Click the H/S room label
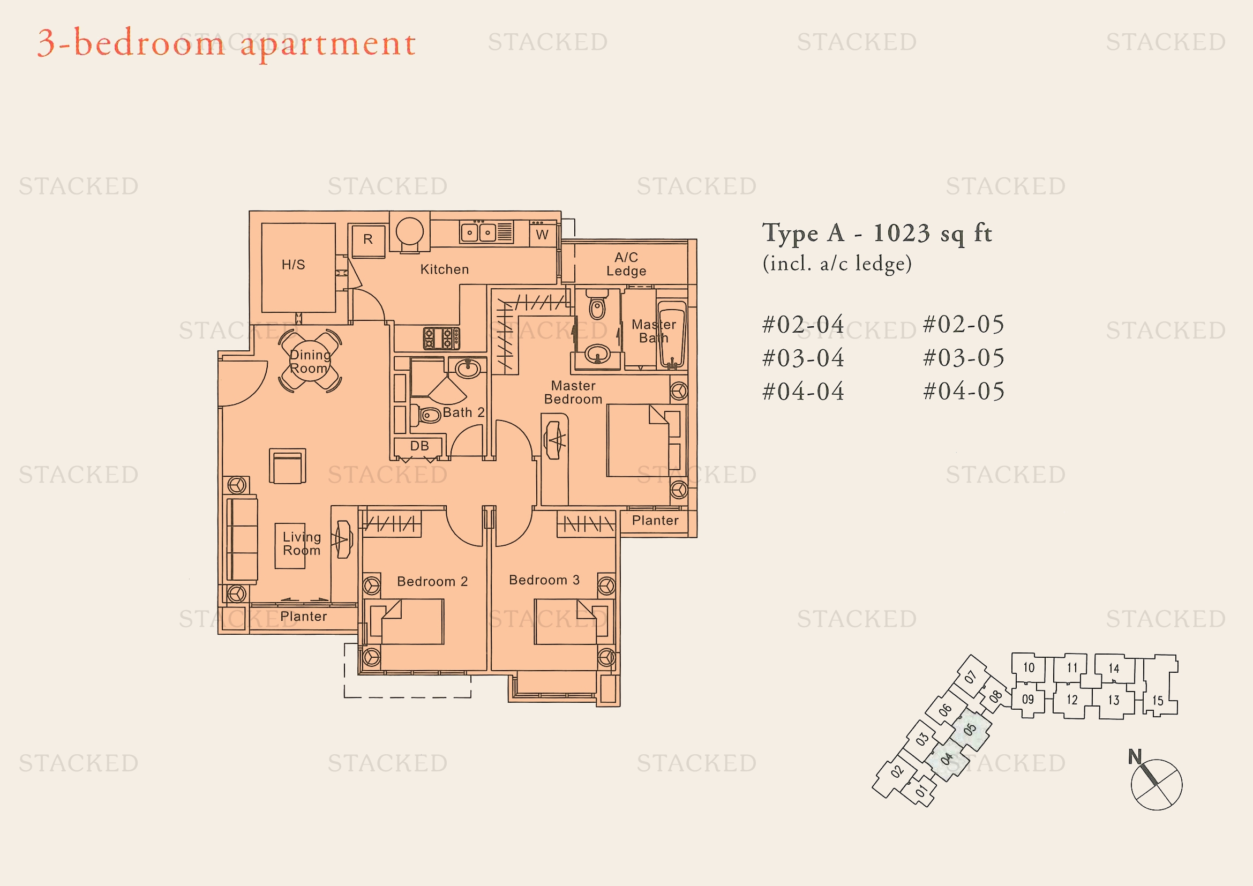click(x=293, y=265)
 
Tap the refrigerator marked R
click(x=368, y=240)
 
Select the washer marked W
click(x=543, y=234)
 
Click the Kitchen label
click(x=444, y=269)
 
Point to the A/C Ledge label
click(x=627, y=264)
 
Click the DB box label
click(x=419, y=446)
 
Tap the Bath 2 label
click(x=463, y=412)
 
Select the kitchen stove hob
click(x=441, y=338)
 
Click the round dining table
click(x=310, y=361)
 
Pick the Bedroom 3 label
click(x=544, y=580)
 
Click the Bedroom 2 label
click(x=432, y=582)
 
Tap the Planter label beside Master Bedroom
click(x=655, y=521)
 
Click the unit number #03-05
click(x=963, y=358)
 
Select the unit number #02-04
click(x=803, y=325)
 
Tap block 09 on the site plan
click(x=1027, y=700)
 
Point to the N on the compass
click(x=1135, y=757)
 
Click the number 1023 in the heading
click(x=902, y=234)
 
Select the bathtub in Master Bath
click(x=672, y=333)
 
